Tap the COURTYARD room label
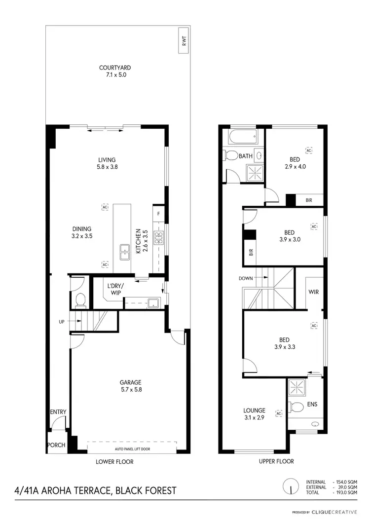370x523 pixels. pos(115,68)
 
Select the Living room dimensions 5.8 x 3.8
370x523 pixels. pos(107,167)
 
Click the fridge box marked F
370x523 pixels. pos(158,214)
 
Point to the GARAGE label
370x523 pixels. pos(130,382)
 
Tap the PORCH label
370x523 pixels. pos(56,445)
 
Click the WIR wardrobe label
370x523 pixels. pos(313,292)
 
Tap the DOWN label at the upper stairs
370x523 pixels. pos(246,278)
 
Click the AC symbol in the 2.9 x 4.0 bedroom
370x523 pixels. pos(309,150)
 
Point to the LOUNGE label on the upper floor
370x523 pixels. pos(254,410)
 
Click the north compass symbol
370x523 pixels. pos(291,486)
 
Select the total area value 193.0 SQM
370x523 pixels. pos(345,492)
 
